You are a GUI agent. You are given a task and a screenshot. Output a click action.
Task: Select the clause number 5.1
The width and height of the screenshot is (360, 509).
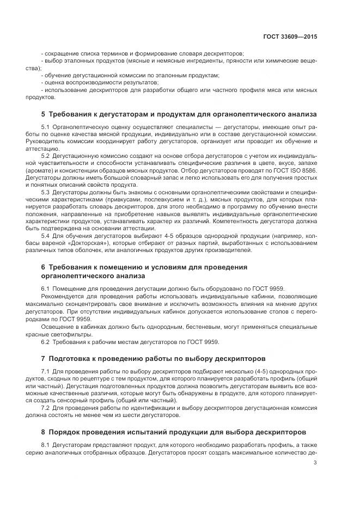(x=45, y=126)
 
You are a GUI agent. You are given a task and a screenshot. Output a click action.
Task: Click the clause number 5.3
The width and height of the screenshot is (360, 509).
(x=45, y=192)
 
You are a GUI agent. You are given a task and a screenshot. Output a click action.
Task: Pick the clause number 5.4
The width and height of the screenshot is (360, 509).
(x=45, y=236)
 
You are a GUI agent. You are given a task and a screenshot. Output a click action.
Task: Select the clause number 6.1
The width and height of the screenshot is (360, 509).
(x=45, y=288)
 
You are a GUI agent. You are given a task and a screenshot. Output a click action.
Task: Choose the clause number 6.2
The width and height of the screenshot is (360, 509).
(x=45, y=341)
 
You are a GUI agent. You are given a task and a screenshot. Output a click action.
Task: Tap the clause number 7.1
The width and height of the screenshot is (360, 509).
(x=45, y=371)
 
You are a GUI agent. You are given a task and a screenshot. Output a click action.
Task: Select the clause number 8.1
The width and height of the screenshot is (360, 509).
(x=45, y=444)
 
